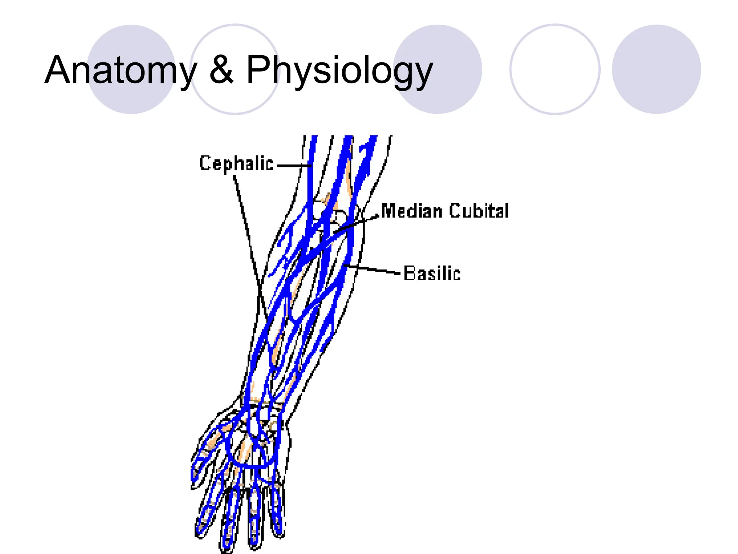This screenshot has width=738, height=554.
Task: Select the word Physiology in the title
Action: pos(339,70)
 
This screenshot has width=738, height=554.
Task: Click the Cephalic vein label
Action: pos(236,163)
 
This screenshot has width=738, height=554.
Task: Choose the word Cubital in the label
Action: pos(479,211)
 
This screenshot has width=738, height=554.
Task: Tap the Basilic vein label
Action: pos(432,273)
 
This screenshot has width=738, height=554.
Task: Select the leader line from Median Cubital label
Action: pos(357,224)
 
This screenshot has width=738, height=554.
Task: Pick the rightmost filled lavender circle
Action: pos(656,69)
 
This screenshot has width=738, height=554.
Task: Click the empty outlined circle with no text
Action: pos(555,69)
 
